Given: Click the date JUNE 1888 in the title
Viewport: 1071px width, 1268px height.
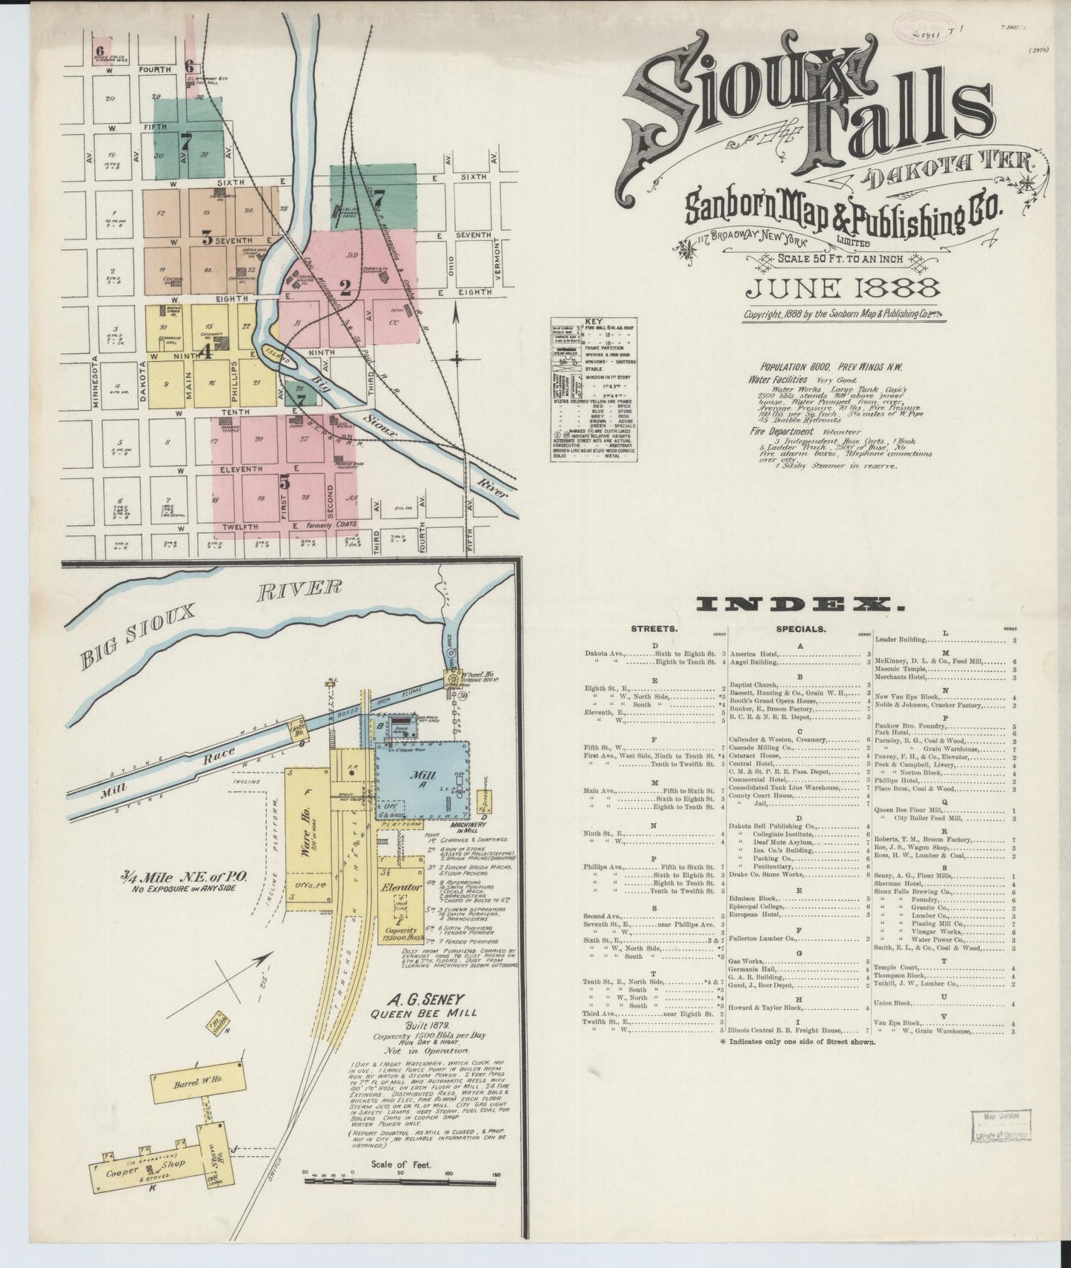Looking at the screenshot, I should (843, 289).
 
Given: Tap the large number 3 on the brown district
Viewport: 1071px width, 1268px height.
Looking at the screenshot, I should (207, 238).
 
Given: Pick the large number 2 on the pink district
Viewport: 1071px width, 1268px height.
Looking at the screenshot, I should (345, 285).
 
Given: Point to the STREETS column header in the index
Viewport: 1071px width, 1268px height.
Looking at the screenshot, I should (653, 629).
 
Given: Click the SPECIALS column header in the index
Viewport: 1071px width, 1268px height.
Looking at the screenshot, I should (800, 629).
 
